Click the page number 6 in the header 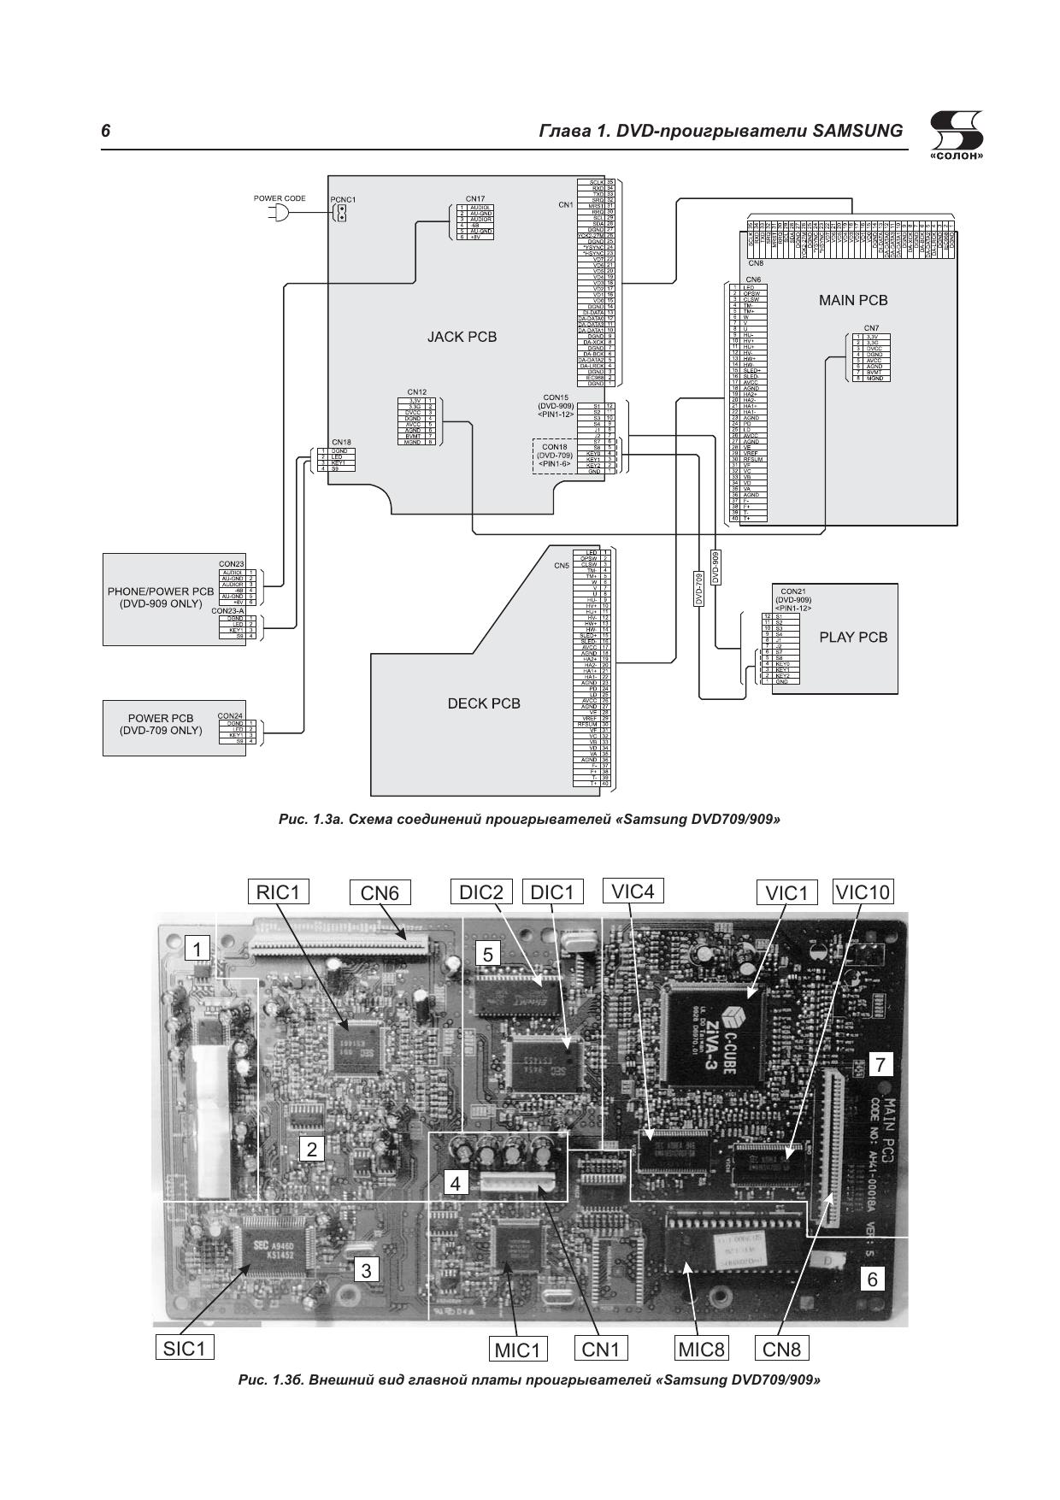(x=106, y=131)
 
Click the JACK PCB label (x=462, y=337)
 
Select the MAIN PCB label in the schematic (x=852, y=300)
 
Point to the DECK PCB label (x=483, y=703)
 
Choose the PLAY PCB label (x=852, y=637)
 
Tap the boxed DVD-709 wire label (x=698, y=589)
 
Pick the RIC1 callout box (x=278, y=891)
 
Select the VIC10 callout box (x=863, y=891)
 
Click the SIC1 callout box (x=185, y=1349)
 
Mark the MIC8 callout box (x=701, y=1350)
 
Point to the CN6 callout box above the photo (x=380, y=892)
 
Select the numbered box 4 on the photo (x=456, y=1184)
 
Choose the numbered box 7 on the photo (x=880, y=1064)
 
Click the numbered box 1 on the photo (x=197, y=949)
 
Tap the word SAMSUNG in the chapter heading (x=857, y=131)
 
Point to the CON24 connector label (x=230, y=715)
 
